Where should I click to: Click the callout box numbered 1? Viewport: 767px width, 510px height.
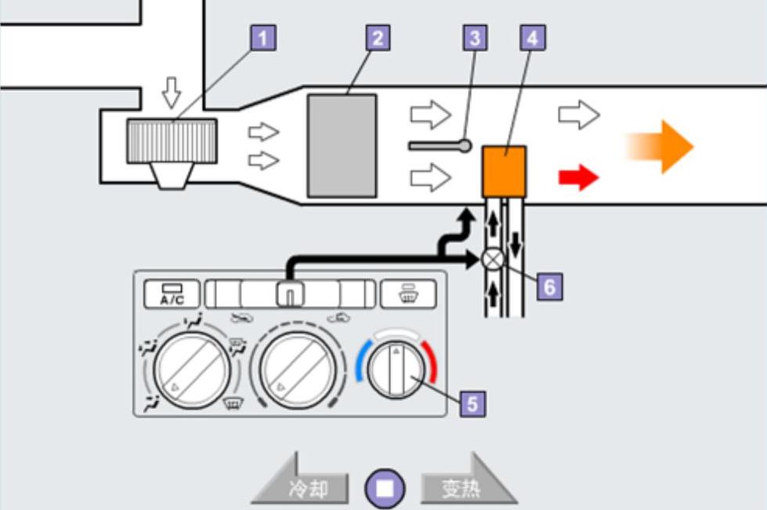point(266,37)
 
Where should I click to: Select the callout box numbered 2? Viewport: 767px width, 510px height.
point(378,37)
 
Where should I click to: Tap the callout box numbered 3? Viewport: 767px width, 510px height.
point(473,37)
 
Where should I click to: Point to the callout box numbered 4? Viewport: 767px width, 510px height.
point(533,37)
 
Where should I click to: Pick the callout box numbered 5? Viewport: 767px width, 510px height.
point(472,403)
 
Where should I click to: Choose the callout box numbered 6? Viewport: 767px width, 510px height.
point(549,287)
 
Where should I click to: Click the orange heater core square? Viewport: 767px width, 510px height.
point(505,171)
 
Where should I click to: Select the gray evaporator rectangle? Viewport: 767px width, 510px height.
point(342,145)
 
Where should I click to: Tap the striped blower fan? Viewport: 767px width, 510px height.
point(172,140)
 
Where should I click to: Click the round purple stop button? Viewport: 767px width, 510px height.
point(385,488)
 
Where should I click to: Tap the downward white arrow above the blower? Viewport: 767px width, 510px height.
point(170,96)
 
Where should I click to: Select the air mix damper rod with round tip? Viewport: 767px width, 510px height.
point(439,145)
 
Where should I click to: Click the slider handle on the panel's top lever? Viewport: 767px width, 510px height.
point(289,294)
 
